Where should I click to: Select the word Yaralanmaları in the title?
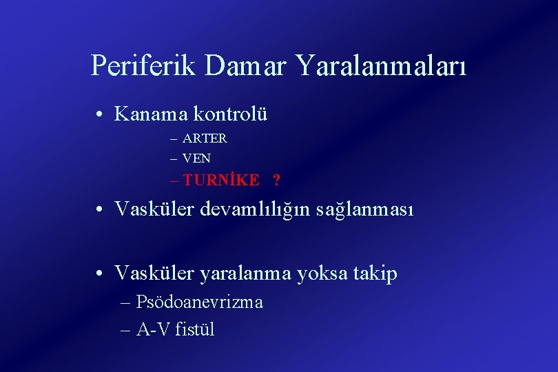coord(382,66)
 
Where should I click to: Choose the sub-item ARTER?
coord(205,138)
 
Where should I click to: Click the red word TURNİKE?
coord(221,180)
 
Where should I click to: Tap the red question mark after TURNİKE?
coord(276,181)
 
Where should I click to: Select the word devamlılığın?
coord(256,208)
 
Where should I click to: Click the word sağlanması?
coord(365,208)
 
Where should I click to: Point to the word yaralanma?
coord(245,274)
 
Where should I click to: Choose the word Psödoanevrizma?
coord(199,302)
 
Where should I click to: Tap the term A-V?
coord(153,329)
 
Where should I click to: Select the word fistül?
coord(195,329)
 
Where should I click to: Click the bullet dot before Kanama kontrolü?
coord(101,114)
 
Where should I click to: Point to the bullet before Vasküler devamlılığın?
coord(101,209)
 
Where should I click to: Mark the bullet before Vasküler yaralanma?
coord(101,275)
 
